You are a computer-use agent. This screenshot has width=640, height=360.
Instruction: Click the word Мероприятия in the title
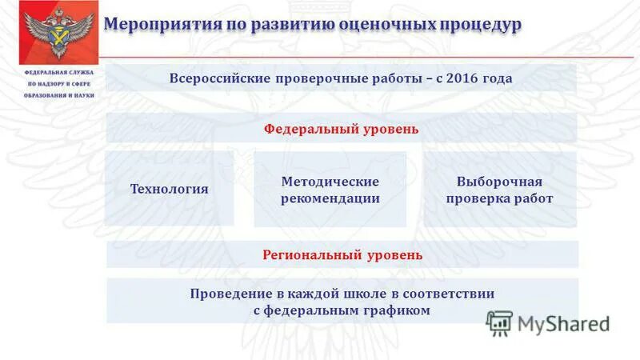(x=154, y=24)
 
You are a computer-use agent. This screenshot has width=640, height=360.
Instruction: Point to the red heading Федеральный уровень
(x=342, y=129)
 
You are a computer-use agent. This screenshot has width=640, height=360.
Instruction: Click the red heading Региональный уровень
(x=342, y=255)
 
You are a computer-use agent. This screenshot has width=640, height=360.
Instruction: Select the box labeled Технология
(x=169, y=190)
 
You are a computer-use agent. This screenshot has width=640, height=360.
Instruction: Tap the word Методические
(x=330, y=182)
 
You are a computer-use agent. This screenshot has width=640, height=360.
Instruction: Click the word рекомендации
(x=330, y=198)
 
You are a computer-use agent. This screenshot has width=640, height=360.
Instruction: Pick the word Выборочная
(x=499, y=182)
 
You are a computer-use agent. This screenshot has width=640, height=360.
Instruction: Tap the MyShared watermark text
(x=563, y=323)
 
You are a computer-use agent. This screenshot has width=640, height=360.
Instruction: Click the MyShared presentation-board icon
(x=499, y=322)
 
